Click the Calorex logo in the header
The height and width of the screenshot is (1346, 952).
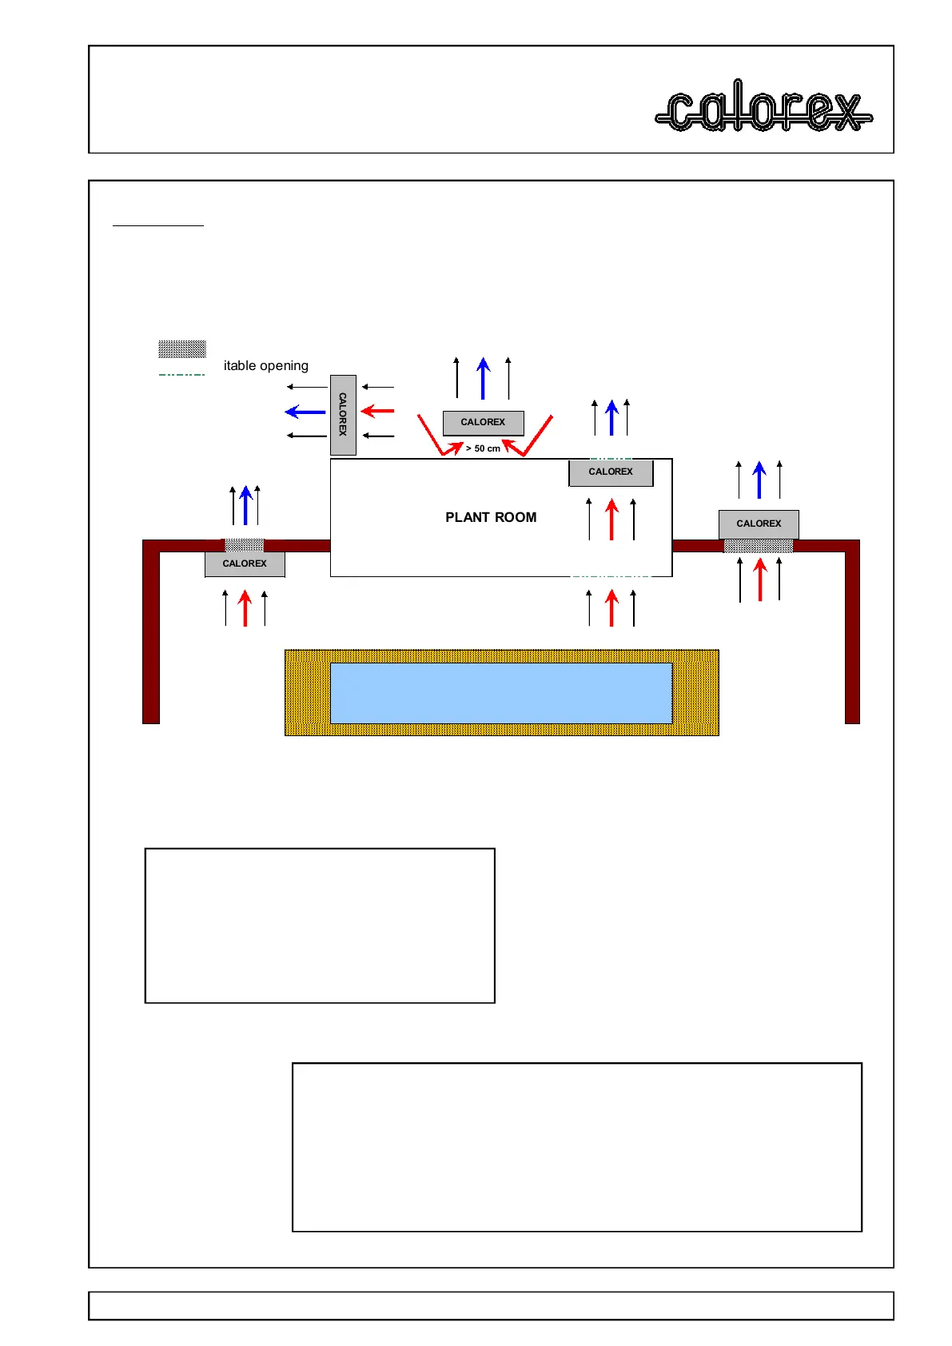(763, 107)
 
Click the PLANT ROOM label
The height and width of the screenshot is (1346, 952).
(491, 517)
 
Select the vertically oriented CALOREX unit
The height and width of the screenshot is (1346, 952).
(343, 415)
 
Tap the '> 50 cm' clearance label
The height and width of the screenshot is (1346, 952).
(483, 448)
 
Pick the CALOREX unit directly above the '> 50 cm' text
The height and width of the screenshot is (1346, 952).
(483, 422)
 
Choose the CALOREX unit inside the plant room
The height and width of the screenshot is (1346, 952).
(611, 472)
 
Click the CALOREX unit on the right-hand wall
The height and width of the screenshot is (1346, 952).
(759, 524)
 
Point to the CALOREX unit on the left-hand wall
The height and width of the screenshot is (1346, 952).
(245, 563)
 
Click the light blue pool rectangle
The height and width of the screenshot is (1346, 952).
(500, 693)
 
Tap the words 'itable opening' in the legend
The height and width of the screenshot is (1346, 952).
(266, 366)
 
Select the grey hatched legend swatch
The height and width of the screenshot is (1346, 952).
(182, 348)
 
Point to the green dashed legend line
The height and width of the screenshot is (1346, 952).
(182, 374)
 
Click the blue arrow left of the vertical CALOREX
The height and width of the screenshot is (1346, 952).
(305, 412)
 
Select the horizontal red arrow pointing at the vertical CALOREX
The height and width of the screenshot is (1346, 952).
(377, 411)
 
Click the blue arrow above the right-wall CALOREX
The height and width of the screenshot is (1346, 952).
(759, 480)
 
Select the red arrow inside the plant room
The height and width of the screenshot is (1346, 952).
(612, 519)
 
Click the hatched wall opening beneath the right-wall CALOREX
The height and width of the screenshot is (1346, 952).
(759, 546)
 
